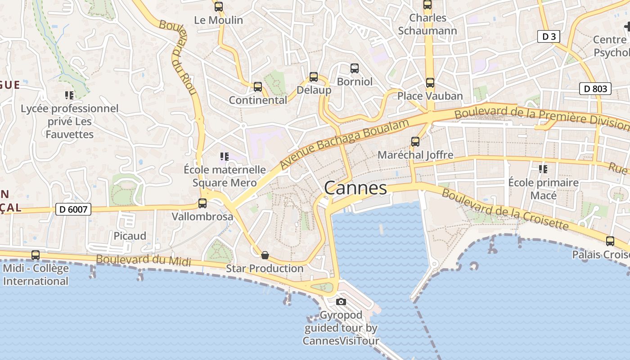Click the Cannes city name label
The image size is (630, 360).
(355, 188)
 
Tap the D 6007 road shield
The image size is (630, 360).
(73, 209)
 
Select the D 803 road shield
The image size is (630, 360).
(595, 89)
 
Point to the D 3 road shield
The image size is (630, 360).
(549, 36)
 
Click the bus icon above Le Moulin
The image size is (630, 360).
(219, 7)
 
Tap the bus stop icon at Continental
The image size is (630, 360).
(258, 86)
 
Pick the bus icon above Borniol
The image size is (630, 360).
(355, 68)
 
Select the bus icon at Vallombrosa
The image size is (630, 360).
(202, 203)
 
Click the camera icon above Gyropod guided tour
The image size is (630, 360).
(341, 301)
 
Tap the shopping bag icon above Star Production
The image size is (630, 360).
(265, 255)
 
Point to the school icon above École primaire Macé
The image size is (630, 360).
(543, 169)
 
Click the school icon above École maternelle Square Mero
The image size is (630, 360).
(225, 157)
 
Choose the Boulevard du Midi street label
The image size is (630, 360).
(144, 260)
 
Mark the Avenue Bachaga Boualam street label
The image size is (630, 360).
(345, 144)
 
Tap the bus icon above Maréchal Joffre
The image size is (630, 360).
(415, 142)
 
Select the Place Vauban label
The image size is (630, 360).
(430, 96)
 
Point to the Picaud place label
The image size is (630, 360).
(130, 236)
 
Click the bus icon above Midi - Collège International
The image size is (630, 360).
(36, 255)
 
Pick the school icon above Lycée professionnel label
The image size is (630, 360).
(69, 95)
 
